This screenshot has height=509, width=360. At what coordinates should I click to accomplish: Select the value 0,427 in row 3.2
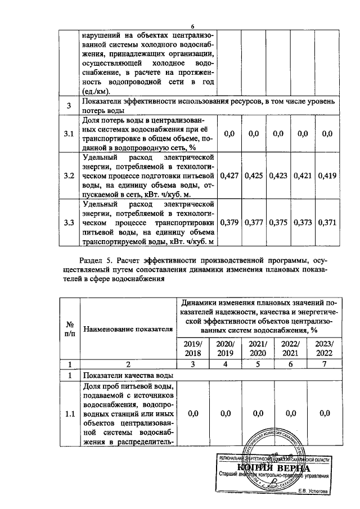(x=229, y=175)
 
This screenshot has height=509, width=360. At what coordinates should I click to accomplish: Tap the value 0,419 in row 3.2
(x=327, y=175)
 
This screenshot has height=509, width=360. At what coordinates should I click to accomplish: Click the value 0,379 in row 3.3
(x=229, y=223)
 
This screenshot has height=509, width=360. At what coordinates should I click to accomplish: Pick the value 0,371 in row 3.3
(x=327, y=223)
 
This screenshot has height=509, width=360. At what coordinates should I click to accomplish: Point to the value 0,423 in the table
(x=278, y=175)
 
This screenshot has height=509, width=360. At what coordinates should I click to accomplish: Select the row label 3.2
(x=69, y=175)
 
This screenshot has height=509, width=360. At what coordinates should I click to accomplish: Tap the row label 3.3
(x=69, y=223)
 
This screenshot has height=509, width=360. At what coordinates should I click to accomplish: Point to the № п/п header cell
(x=71, y=329)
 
